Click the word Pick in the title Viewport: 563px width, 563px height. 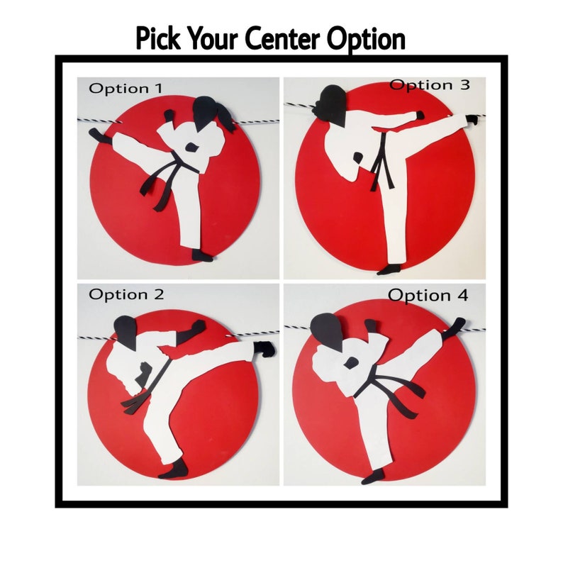[x=158, y=38]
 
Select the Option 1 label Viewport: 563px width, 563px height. [x=126, y=89]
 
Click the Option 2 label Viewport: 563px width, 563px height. [x=126, y=295]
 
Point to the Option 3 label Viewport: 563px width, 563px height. [x=430, y=85]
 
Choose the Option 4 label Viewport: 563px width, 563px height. [x=428, y=296]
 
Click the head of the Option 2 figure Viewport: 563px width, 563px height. [x=126, y=331]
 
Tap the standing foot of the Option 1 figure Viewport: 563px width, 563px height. [x=202, y=255]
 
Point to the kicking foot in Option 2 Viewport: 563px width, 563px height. [x=264, y=349]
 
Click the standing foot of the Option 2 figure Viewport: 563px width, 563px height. [x=174, y=469]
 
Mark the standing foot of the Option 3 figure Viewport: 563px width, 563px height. [x=389, y=269]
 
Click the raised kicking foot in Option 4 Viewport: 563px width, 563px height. [x=454, y=327]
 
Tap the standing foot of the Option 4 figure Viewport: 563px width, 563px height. [x=374, y=476]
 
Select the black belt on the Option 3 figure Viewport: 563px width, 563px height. [x=381, y=162]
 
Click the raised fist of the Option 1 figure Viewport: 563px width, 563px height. [x=169, y=116]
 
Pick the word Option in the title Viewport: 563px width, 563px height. [x=366, y=39]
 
